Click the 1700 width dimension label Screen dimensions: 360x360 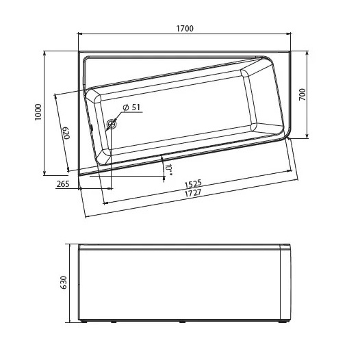tap(185, 29)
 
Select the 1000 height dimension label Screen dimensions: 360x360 tap(38, 112)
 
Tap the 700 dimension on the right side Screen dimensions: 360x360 tap(303, 94)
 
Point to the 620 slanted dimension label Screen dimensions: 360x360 tap(66, 133)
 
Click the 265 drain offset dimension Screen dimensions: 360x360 tap(63, 184)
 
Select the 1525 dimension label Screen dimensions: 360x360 tap(193, 183)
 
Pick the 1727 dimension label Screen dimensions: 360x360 tap(193, 192)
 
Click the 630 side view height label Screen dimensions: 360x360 tap(63, 282)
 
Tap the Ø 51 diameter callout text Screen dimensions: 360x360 tap(131, 107)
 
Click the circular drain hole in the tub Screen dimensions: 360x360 tap(112, 124)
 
